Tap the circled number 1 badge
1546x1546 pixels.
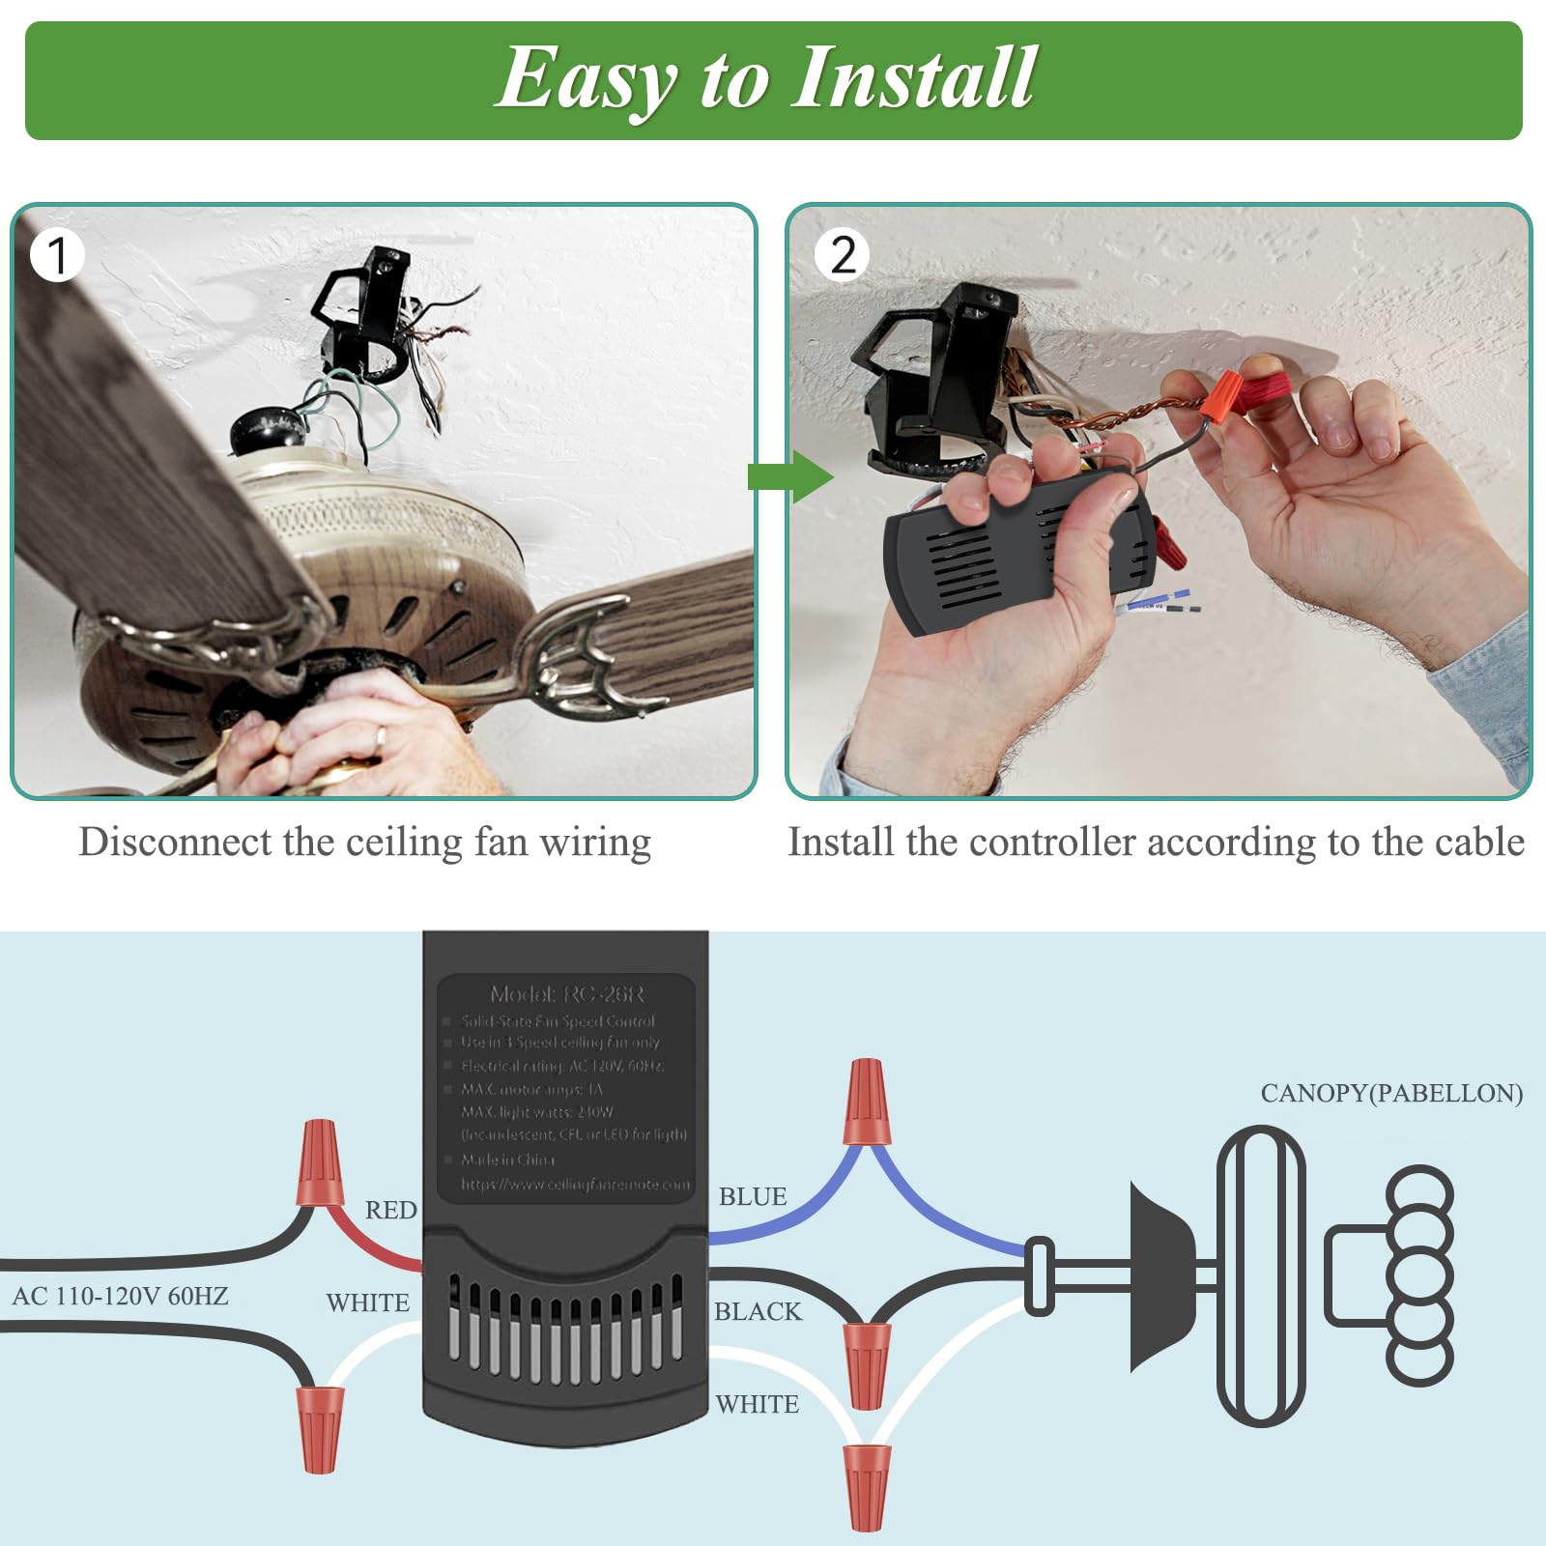click(56, 255)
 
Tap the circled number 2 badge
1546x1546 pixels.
click(843, 255)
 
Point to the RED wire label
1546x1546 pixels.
click(390, 1210)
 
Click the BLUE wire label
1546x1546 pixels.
click(752, 1196)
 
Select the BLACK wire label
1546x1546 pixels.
click(758, 1311)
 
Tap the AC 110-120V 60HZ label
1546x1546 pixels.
click(120, 1296)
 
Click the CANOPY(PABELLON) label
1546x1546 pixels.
click(1391, 1093)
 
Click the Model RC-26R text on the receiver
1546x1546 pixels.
click(566, 994)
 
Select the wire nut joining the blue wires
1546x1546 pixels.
click(866, 1102)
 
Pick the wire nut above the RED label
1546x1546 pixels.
click(320, 1162)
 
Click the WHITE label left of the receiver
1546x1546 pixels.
click(367, 1303)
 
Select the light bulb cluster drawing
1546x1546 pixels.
click(1417, 1274)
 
